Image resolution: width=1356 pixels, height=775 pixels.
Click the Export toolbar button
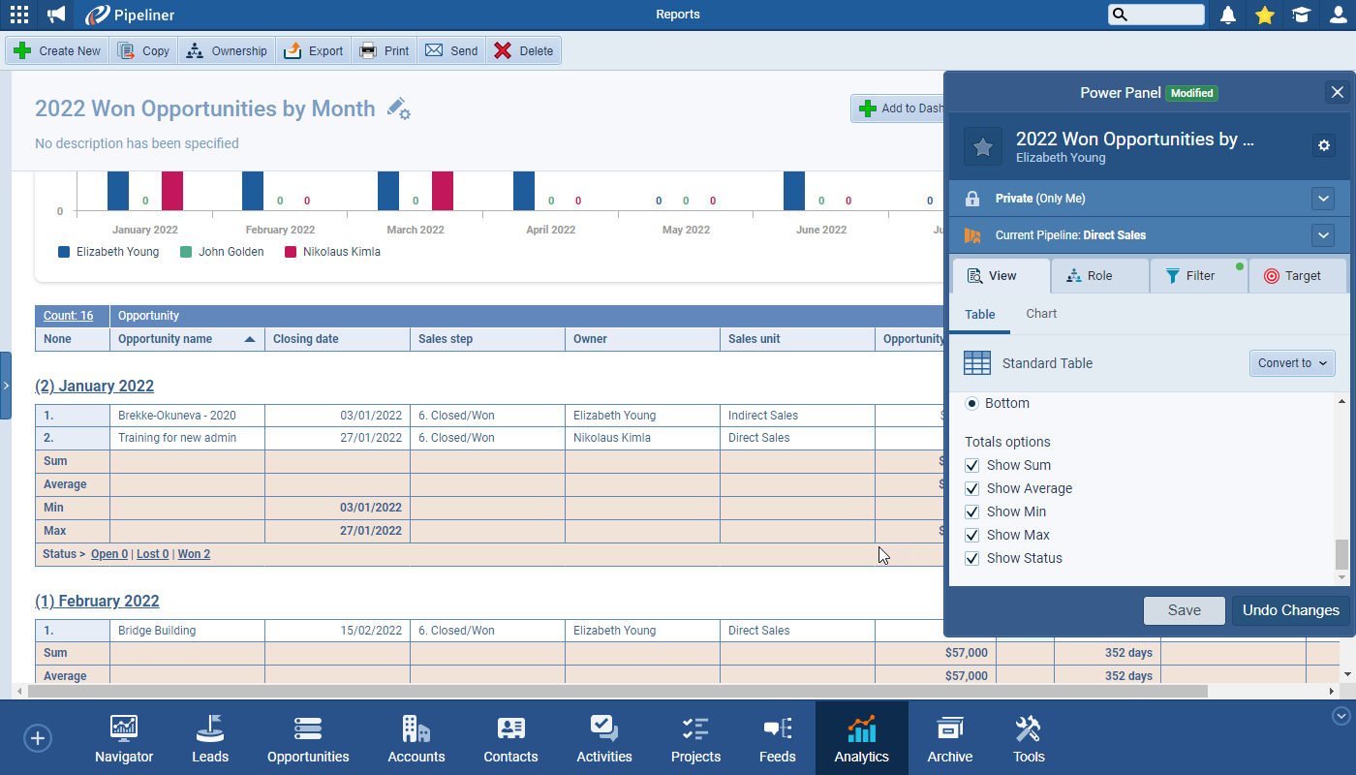(314, 51)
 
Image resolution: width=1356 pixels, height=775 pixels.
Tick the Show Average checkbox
(972, 489)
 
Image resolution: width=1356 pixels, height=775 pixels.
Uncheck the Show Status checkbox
(972, 559)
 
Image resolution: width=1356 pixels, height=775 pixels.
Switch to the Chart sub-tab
(1041, 314)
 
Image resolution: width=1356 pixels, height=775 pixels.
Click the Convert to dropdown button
(1292, 363)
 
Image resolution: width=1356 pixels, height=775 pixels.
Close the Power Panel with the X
(1337, 92)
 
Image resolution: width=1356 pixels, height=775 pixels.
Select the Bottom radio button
(972, 403)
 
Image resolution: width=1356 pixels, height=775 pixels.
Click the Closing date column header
(306, 339)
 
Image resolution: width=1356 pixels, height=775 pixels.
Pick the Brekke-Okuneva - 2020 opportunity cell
(177, 416)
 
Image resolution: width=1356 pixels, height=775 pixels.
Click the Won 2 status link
(194, 554)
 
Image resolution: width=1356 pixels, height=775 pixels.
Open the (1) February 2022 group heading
(97, 601)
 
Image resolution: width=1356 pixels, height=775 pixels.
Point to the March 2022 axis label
(416, 230)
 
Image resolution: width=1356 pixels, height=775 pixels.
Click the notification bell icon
(1228, 15)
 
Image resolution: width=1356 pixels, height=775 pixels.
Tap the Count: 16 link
(68, 316)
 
